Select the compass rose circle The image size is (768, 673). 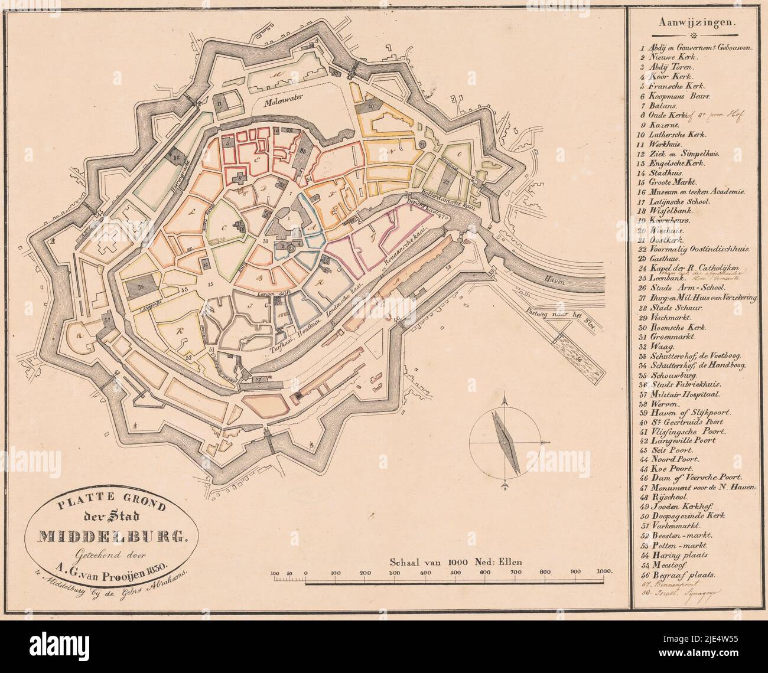(505, 441)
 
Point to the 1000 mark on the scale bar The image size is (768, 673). (603, 573)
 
